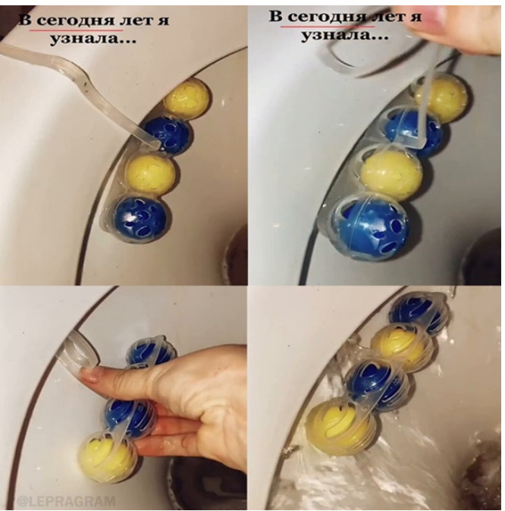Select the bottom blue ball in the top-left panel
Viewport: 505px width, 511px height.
(x=140, y=216)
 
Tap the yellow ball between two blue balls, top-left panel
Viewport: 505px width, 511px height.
(x=150, y=174)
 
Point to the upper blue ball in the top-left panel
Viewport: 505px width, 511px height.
(x=168, y=134)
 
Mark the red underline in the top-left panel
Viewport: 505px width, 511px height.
(x=77, y=30)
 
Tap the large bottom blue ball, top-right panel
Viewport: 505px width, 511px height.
(x=369, y=229)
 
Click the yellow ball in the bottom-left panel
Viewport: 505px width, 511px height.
(x=108, y=456)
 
